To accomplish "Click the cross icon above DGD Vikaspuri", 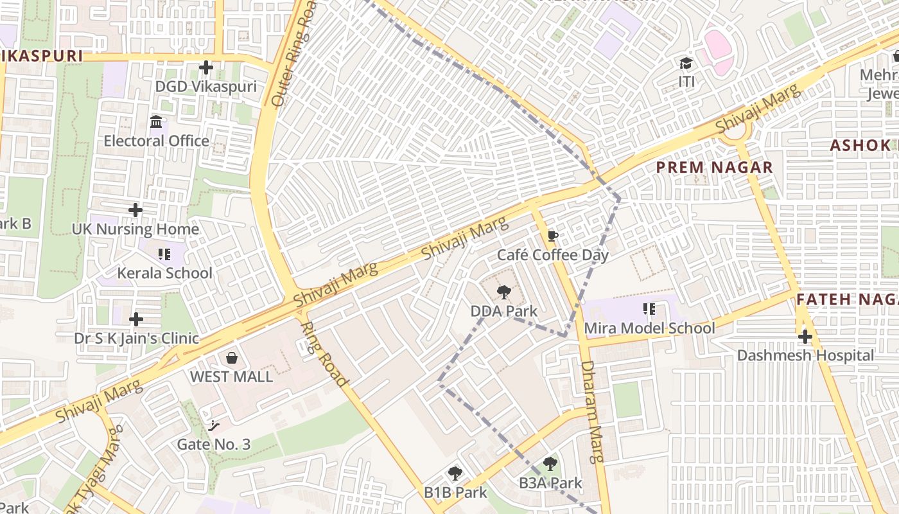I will pyautogui.click(x=205, y=67).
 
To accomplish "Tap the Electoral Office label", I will pyautogui.click(x=156, y=141).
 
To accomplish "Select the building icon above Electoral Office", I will pyautogui.click(x=155, y=121).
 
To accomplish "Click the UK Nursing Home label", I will pyautogui.click(x=135, y=229).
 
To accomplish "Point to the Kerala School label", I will pyautogui.click(x=164, y=273).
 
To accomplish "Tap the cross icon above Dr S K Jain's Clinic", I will pyautogui.click(x=135, y=319).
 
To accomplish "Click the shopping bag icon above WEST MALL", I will pyautogui.click(x=231, y=357).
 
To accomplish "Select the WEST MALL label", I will pyautogui.click(x=231, y=377).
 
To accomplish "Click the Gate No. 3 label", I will pyautogui.click(x=214, y=444).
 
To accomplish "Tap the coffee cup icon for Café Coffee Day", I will pyautogui.click(x=552, y=236).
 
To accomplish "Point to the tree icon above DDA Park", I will pyautogui.click(x=504, y=293).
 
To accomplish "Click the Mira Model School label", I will pyautogui.click(x=649, y=328).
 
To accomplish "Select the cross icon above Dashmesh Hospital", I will pyautogui.click(x=805, y=336).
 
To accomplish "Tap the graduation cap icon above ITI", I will pyautogui.click(x=686, y=64).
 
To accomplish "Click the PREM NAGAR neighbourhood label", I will pyautogui.click(x=714, y=168).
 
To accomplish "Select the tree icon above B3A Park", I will pyautogui.click(x=550, y=464).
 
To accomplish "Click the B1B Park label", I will pyautogui.click(x=455, y=493).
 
